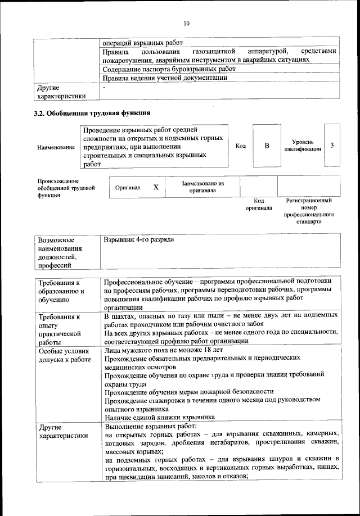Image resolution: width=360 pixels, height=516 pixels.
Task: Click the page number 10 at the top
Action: click(x=187, y=23)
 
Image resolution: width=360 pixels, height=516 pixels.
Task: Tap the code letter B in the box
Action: click(x=267, y=146)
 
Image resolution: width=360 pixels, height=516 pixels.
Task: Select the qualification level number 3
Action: click(x=332, y=146)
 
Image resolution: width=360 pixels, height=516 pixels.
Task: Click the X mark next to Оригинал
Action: click(x=156, y=187)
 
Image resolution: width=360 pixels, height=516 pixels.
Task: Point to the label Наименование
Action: click(x=56, y=147)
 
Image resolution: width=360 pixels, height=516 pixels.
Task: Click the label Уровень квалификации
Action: click(x=303, y=146)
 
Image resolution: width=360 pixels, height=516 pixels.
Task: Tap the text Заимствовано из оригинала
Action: click(x=202, y=187)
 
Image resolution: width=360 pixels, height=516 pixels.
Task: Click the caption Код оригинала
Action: click(x=259, y=204)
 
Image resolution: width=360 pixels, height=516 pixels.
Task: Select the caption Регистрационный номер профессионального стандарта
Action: click(x=309, y=211)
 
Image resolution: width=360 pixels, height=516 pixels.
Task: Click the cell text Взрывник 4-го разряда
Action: click(x=139, y=240)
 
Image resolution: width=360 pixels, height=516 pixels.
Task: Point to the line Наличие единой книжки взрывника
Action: click(x=159, y=417)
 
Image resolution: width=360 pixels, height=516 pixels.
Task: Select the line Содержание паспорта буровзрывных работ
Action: click(x=169, y=69)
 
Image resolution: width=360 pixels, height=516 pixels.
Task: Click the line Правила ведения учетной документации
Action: click(x=165, y=78)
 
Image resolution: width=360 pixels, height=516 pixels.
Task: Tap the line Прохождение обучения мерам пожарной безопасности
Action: click(x=189, y=391)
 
